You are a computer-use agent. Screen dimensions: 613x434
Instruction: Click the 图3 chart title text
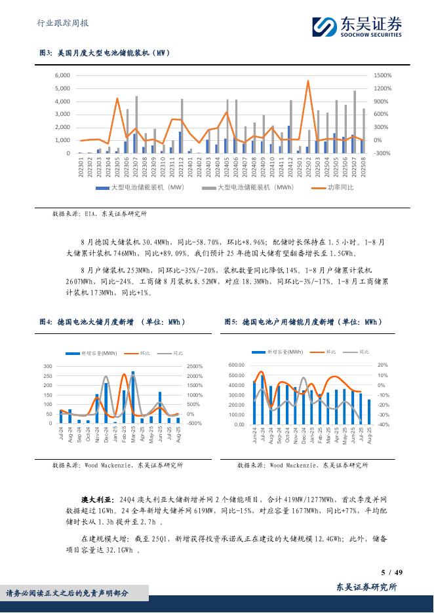pos(106,54)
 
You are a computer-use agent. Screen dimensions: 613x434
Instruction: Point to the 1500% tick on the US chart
pos(383,76)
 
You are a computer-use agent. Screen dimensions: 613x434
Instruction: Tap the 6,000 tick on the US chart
pos(62,76)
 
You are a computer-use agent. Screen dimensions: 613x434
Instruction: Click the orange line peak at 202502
pos(308,81)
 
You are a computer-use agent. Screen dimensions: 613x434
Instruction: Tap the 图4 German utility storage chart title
pos(113,322)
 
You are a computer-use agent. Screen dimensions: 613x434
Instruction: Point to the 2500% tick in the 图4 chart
pos(195,366)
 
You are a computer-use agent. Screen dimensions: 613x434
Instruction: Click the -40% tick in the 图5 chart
pos(384,424)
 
